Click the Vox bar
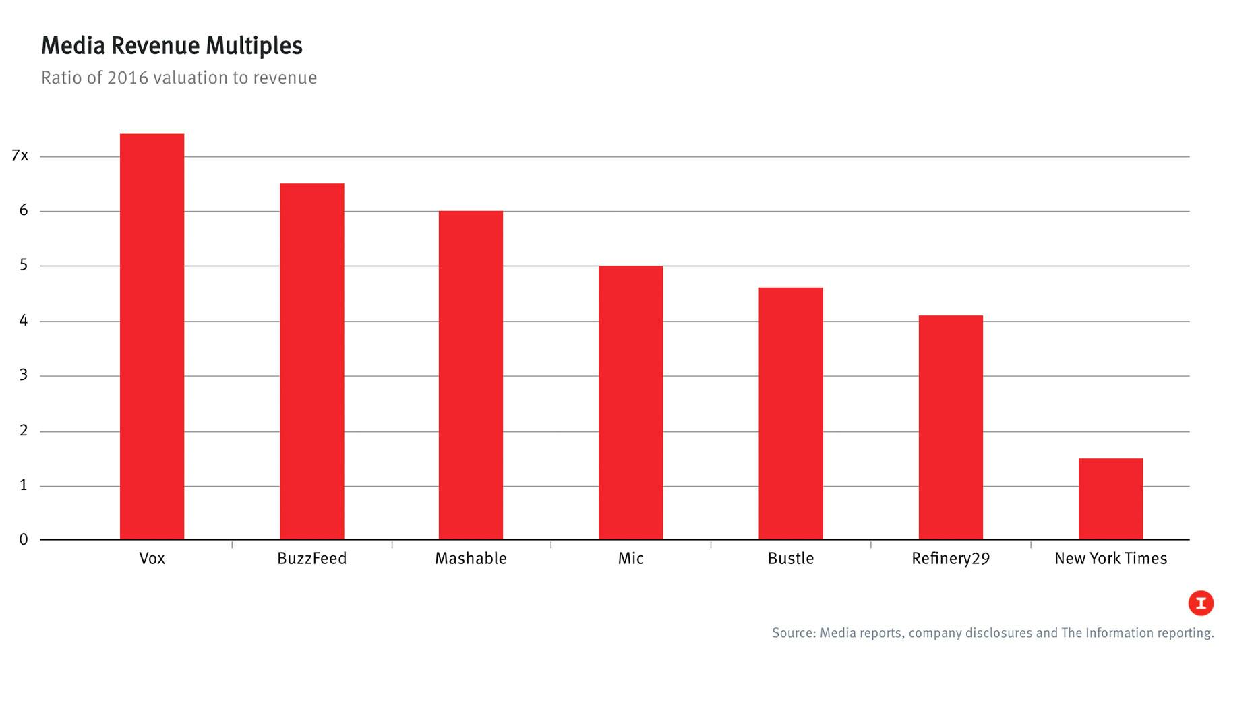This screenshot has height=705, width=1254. point(152,337)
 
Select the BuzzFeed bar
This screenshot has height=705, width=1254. point(311,361)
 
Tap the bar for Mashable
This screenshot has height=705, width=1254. point(471,375)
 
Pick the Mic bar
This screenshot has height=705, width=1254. point(630,402)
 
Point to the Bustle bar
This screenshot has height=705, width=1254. point(790,413)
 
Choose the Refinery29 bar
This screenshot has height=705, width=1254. point(950,427)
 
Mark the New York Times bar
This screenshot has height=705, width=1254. point(1110,499)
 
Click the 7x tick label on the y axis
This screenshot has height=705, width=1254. point(20,156)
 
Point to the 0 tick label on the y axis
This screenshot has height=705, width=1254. point(24,539)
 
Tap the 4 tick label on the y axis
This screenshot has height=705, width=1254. point(24,321)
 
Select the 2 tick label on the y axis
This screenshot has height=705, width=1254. point(24,431)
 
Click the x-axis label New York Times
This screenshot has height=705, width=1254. point(1110,558)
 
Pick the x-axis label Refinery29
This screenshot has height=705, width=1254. point(950,558)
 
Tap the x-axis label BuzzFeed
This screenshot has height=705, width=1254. point(311,558)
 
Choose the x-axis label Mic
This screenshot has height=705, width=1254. point(630,558)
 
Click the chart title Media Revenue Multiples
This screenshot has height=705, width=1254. point(172,46)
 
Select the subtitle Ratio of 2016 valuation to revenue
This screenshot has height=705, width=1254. point(179,78)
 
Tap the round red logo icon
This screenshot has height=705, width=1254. point(1201,603)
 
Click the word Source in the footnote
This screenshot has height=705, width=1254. point(793,633)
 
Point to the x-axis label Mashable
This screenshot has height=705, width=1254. point(471,558)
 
